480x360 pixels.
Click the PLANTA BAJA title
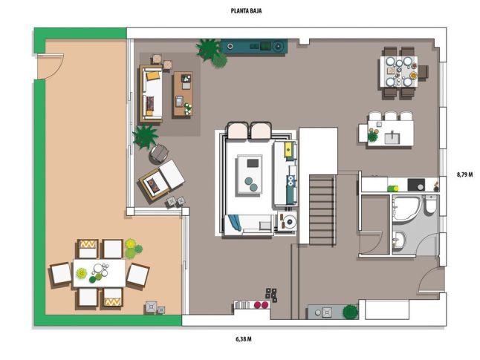click(x=246, y=11)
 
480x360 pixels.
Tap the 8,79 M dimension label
click(x=464, y=174)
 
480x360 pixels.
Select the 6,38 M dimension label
click(x=244, y=339)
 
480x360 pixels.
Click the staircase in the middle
click(x=322, y=210)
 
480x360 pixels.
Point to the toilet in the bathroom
click(x=431, y=204)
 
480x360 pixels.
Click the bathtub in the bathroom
click(x=407, y=209)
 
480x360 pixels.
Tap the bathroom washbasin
click(x=399, y=239)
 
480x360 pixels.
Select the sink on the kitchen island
click(x=392, y=137)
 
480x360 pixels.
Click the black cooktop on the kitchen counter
click(x=416, y=185)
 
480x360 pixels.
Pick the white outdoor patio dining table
click(x=99, y=273)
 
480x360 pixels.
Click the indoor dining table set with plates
click(x=399, y=71)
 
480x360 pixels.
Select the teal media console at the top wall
click(x=254, y=47)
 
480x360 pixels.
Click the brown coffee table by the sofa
click(x=183, y=94)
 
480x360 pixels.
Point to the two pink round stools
click(x=261, y=304)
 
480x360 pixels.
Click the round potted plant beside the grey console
click(x=350, y=312)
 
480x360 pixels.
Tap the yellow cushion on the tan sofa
click(x=153, y=75)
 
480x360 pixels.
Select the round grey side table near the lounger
click(x=158, y=154)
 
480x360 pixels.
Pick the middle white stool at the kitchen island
click(x=391, y=117)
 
